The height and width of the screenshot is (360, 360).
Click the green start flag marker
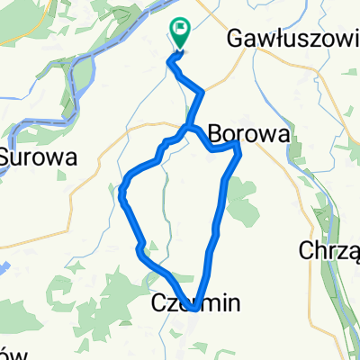coord(180,34)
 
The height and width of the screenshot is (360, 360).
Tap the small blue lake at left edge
coord(4,268)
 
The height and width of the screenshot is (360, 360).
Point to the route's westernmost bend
coord(121,192)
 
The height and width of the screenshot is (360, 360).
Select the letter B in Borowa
coord(214,134)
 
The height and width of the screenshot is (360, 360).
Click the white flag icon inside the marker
coord(182,30)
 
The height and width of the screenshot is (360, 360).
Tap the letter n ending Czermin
coord(234,304)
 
